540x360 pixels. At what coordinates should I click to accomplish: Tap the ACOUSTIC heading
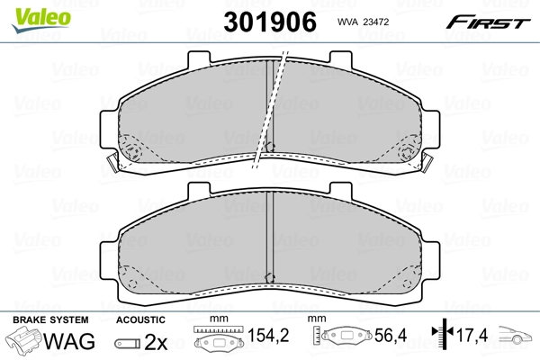(140, 320)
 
